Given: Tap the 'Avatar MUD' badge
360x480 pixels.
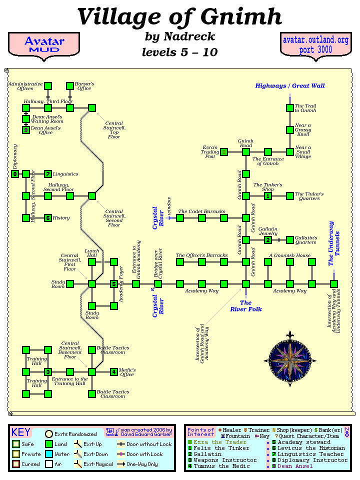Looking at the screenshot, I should (x=43, y=44).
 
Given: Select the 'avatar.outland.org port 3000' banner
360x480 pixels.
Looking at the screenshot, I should (x=315, y=45).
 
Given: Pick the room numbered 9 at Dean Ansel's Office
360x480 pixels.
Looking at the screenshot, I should (x=26, y=130).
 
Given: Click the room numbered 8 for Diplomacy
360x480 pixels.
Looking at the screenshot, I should (x=15, y=174).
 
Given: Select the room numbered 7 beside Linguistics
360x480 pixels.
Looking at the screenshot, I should (x=48, y=174).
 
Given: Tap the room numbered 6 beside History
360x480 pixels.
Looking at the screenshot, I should (x=48, y=218).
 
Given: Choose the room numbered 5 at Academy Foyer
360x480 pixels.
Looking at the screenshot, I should (x=114, y=284).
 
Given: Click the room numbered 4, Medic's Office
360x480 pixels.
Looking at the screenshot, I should (x=114, y=372).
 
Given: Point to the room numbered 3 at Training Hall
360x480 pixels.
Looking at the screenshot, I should (x=48, y=372).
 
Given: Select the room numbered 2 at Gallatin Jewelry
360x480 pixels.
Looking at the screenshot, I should (x=268, y=240).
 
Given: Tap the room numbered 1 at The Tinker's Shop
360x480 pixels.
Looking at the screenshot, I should (x=268, y=196).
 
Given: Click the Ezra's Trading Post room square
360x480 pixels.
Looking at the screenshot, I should (x=224, y=152).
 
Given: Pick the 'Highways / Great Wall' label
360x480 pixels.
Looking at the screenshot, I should (x=290, y=86).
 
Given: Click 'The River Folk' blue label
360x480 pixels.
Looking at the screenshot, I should (x=246, y=306).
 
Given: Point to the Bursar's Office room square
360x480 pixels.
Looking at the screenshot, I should (x=70, y=86).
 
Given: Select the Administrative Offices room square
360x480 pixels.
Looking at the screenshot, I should (x=48, y=86).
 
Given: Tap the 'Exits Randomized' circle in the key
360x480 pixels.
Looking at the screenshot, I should (x=49, y=434).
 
